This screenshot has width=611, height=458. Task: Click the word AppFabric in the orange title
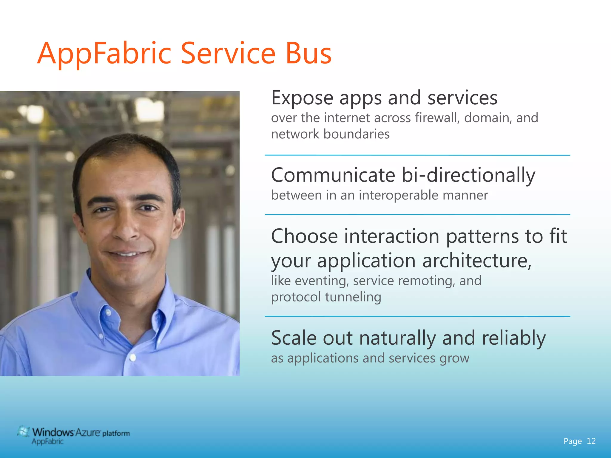click(104, 54)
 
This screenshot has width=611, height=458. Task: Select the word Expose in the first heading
click(302, 98)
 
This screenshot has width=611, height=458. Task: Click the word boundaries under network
click(357, 134)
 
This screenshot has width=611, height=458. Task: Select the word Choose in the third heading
click(304, 236)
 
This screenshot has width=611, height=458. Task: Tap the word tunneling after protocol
click(353, 297)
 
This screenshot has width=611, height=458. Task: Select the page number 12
click(591, 441)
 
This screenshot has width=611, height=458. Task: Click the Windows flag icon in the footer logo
click(23, 432)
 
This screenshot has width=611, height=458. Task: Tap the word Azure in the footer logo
click(87, 432)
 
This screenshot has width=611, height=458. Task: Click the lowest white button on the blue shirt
click(133, 357)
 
